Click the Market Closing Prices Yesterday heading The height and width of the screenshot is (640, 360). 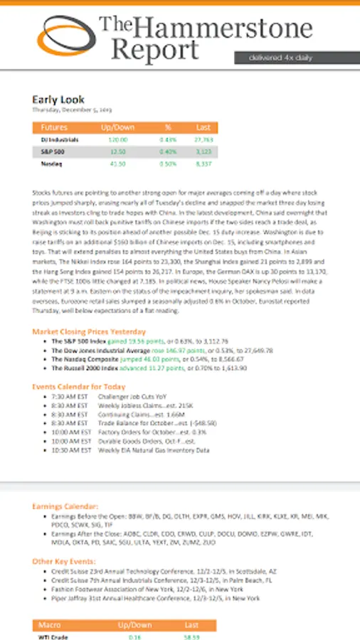point(89,331)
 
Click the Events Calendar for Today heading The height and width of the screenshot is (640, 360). point(79,386)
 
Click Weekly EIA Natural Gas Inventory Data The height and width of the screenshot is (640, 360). point(153,450)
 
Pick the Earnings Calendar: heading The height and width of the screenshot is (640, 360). point(65,506)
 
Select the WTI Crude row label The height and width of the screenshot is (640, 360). point(54,636)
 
